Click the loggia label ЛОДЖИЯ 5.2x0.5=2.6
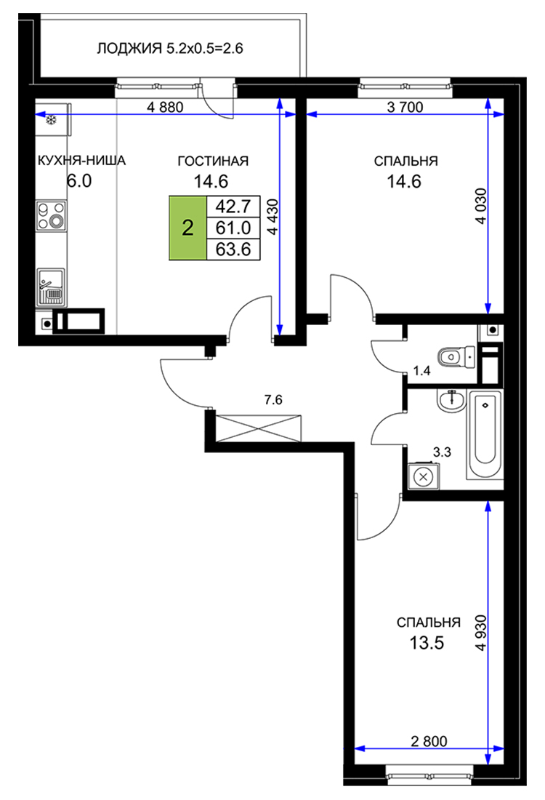tap(170, 49)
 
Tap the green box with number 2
tap(187, 228)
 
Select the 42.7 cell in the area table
tap(233, 206)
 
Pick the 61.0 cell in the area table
tap(233, 228)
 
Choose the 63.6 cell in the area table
tap(233, 249)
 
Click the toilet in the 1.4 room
tap(456, 356)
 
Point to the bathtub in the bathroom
tap(485, 435)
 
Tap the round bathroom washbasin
tap(451, 401)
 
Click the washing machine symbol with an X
tap(423, 477)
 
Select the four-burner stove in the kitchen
tap(52, 216)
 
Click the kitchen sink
tap(51, 287)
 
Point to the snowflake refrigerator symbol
tap(51, 121)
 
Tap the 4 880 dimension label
tap(165, 107)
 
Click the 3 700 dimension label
tap(405, 107)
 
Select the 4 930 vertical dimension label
tap(480, 633)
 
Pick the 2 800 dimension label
tap(429, 741)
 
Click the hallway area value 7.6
tap(273, 400)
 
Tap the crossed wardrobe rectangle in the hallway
tap(259, 429)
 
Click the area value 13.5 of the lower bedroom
tap(427, 643)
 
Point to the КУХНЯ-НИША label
tap(81, 161)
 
